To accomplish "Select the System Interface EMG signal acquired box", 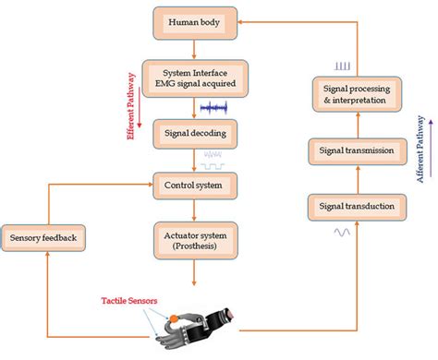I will (x=195, y=76).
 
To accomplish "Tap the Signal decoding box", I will (x=195, y=135).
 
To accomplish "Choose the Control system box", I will (x=195, y=186).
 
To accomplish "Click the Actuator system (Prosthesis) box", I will (x=195, y=241).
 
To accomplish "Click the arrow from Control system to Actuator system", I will (x=195, y=210).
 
